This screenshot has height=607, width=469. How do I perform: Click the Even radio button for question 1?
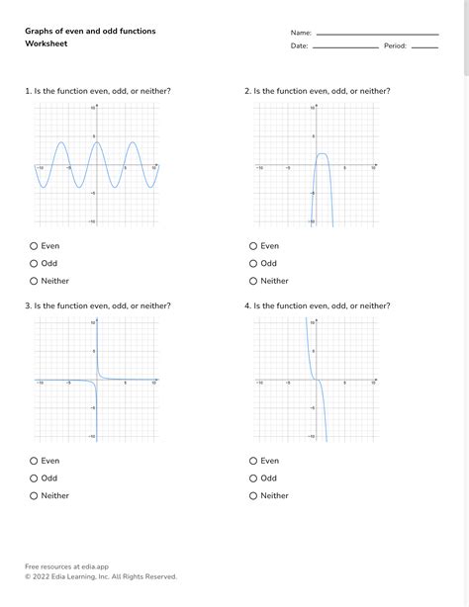click(34, 246)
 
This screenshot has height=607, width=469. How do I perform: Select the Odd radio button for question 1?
click(34, 264)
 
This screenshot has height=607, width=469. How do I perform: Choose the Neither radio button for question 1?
click(34, 281)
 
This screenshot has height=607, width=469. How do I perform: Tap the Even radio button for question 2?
click(253, 246)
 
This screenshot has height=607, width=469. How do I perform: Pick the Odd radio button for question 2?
click(253, 264)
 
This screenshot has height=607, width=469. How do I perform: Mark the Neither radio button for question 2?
click(253, 281)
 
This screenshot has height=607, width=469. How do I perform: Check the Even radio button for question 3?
click(34, 461)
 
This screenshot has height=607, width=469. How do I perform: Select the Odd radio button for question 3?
click(34, 478)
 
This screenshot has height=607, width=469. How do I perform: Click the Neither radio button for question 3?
click(34, 495)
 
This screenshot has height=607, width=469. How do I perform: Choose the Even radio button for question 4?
click(253, 461)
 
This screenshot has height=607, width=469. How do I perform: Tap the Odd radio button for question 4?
click(253, 478)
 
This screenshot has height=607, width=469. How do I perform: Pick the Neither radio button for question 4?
click(253, 495)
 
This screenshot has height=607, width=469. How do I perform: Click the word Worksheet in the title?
click(47, 43)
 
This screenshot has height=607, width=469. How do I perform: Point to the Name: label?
click(301, 33)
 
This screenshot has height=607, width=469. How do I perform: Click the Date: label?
click(300, 46)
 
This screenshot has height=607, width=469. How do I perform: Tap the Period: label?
click(396, 46)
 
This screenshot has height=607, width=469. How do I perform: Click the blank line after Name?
click(376, 35)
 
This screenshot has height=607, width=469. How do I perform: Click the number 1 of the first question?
click(28, 91)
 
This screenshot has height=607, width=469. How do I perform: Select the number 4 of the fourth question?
click(247, 306)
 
